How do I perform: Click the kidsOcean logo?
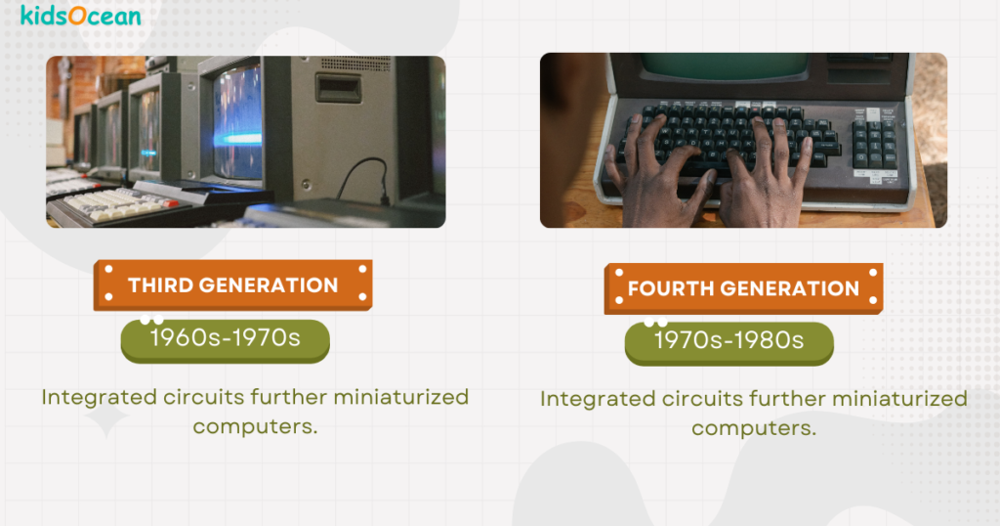tap(81, 16)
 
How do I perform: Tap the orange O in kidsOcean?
tap(77, 16)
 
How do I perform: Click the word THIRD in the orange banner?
tap(160, 285)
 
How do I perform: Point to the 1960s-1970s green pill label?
tap(226, 340)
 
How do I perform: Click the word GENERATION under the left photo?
tap(269, 285)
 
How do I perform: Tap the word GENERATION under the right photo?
tap(789, 288)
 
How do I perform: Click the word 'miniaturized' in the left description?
tap(401, 397)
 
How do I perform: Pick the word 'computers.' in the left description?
tap(255, 426)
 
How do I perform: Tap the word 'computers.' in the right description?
tap(754, 428)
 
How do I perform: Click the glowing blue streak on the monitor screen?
tap(236, 139)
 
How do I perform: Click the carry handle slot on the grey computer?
tap(339, 89)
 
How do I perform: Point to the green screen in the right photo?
tap(725, 66)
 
